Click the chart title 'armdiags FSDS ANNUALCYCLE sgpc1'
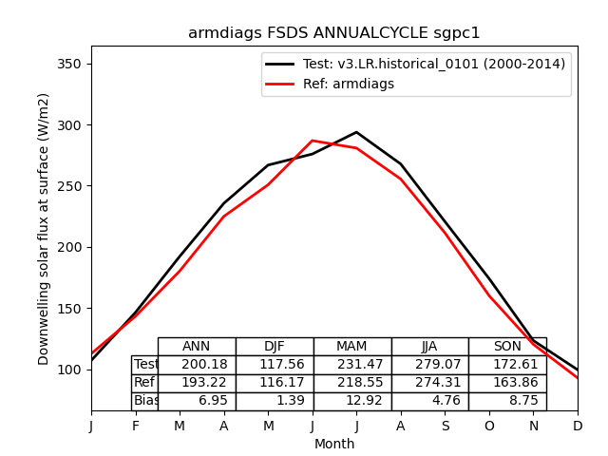[x=334, y=33]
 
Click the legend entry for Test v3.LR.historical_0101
[x=413, y=64]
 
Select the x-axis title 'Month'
[x=334, y=444]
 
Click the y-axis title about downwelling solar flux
[x=44, y=229]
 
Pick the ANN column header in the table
[x=197, y=347]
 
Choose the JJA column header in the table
[x=429, y=347]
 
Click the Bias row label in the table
[x=145, y=401]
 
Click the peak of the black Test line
[x=356, y=132]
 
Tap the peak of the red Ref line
[x=313, y=141]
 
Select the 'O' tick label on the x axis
[x=489, y=427]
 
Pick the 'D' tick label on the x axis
[x=578, y=427]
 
